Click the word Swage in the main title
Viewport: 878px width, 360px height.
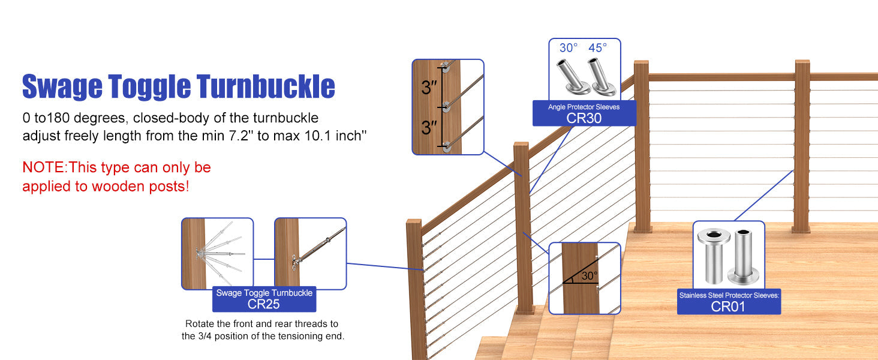tap(62, 87)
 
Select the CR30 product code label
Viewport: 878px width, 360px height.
tap(584, 118)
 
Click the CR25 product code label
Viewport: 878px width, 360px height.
tap(264, 304)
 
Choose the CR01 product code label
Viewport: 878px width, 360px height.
tap(728, 306)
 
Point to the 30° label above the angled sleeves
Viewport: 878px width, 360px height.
tap(569, 47)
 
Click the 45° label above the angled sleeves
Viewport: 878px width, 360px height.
tap(597, 47)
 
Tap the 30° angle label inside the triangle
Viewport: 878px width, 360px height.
tap(589, 276)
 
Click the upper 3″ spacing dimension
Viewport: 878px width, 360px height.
tap(429, 88)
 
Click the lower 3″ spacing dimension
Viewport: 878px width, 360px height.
tap(429, 127)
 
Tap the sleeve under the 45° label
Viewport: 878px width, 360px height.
tap(599, 77)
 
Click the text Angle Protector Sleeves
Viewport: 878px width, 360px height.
tap(584, 107)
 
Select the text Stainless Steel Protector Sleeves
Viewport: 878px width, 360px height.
tap(728, 295)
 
